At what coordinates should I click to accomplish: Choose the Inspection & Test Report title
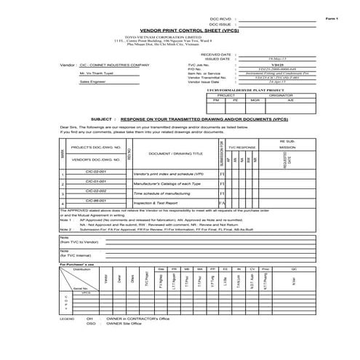(x=151, y=204)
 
